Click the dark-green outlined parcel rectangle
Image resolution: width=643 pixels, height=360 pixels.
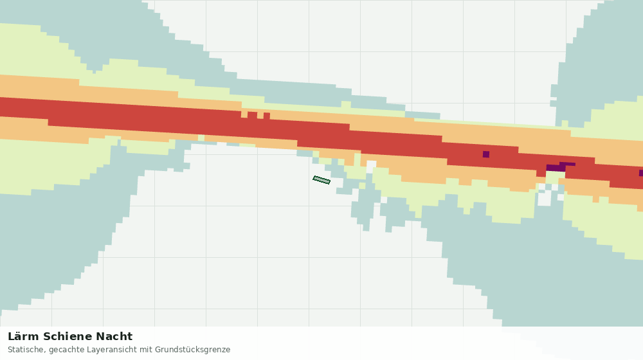321,180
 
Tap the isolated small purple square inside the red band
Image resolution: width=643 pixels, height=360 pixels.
486,154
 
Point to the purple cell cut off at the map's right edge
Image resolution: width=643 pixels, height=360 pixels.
641,173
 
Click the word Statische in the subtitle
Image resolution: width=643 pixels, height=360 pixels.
26,350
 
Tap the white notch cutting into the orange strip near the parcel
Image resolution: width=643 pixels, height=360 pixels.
371,166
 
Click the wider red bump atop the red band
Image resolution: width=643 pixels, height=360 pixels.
252,115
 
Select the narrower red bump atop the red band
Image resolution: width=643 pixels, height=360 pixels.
267,116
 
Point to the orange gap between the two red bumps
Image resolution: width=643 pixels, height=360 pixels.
260,116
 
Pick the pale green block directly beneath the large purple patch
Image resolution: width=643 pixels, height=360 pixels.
556,177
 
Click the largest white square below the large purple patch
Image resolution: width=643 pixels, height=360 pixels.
545,199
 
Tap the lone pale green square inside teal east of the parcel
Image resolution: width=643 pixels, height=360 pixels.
362,186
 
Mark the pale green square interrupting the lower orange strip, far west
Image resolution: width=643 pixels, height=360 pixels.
201,138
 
